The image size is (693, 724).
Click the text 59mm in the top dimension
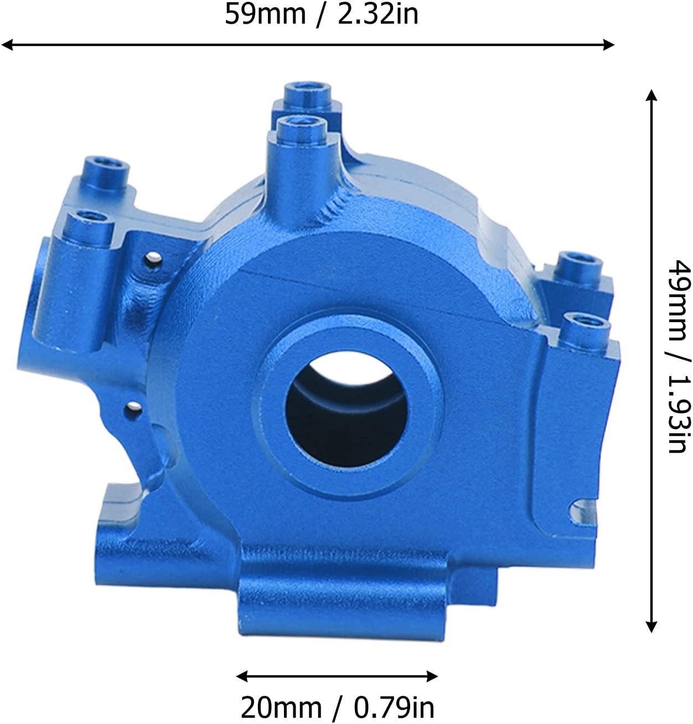[265, 15]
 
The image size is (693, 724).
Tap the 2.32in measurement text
[378, 15]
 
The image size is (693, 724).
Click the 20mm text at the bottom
[281, 707]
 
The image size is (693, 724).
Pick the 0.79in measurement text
[394, 707]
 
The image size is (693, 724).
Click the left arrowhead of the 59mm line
[7, 45]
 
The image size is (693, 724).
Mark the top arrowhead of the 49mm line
[651, 95]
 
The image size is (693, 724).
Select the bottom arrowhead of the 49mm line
[651, 627]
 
